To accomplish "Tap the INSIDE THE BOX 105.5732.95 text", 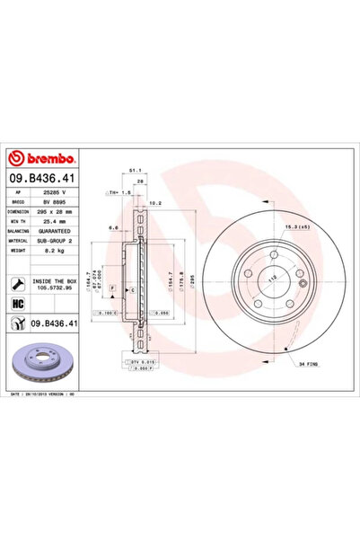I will (57, 285).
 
